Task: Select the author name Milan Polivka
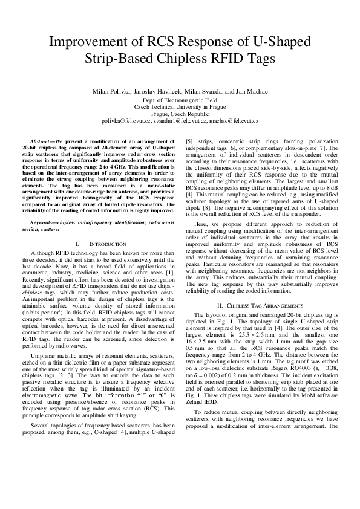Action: coord(117,91)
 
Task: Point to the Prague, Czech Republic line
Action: coord(179,113)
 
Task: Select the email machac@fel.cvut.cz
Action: coord(237,120)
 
